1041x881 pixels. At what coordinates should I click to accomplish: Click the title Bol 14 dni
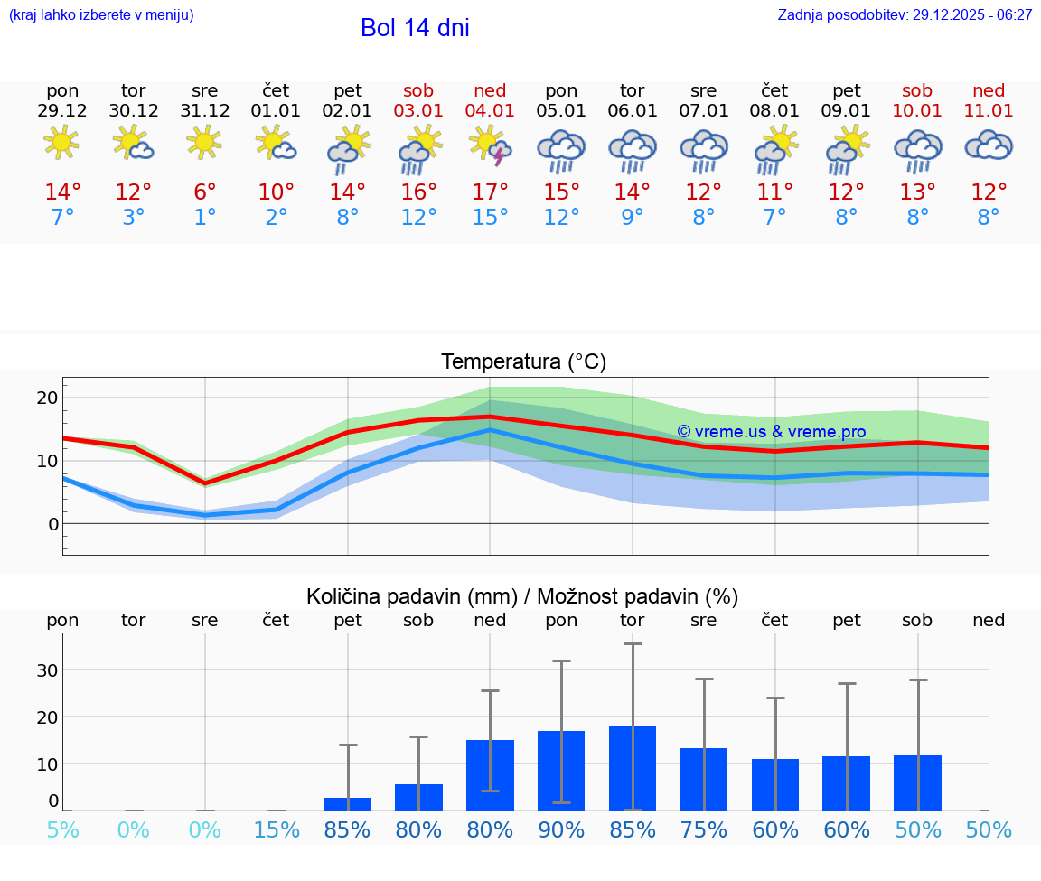pyautogui.click(x=415, y=28)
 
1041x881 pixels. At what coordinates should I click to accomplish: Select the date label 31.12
pyautogui.click(x=205, y=111)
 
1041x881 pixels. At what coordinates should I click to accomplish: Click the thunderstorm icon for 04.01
pyautogui.click(x=490, y=145)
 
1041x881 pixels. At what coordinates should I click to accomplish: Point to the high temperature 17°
pyautogui.click(x=490, y=192)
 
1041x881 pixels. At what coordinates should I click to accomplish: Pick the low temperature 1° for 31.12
pyautogui.click(x=205, y=218)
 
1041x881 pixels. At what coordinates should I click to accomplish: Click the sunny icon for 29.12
pyautogui.click(x=62, y=142)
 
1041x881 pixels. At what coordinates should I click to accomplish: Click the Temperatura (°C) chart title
pyautogui.click(x=523, y=362)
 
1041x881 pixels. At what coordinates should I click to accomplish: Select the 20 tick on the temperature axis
pyautogui.click(x=47, y=398)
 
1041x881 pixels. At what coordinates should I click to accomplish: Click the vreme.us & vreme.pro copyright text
pyautogui.click(x=771, y=432)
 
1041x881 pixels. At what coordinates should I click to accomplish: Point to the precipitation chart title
pyautogui.click(x=522, y=596)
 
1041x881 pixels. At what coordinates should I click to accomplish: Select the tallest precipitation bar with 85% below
pyautogui.click(x=633, y=768)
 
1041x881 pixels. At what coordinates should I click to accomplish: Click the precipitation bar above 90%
pyautogui.click(x=561, y=770)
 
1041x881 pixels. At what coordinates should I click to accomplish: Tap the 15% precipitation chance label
pyautogui.click(x=277, y=829)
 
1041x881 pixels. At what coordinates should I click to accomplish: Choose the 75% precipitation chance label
pyautogui.click(x=704, y=829)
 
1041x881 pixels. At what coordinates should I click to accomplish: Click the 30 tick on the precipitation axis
pyautogui.click(x=47, y=670)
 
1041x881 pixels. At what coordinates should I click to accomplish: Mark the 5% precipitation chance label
pyautogui.click(x=62, y=829)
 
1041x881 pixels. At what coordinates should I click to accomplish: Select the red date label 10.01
pyautogui.click(x=917, y=111)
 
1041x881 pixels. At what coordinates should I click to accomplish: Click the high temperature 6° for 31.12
pyautogui.click(x=205, y=192)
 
